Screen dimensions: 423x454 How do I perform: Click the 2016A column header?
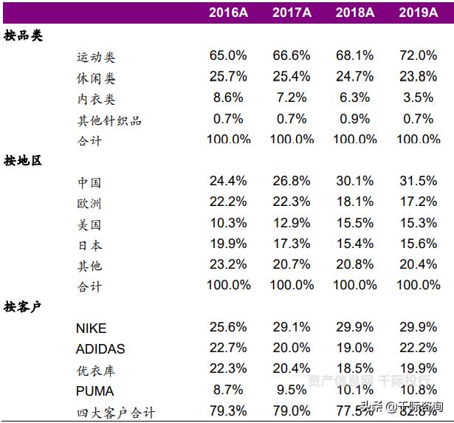coord(228,13)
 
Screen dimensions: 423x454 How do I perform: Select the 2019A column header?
coord(418,13)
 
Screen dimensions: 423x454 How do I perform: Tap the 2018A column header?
coord(354,13)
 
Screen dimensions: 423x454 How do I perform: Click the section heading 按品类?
coord(23,35)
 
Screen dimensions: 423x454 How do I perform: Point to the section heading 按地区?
coord(23,160)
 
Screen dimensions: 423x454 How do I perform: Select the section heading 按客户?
coord(23,306)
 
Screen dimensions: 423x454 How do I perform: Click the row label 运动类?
coord(96,57)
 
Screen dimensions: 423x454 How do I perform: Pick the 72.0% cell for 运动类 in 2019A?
coord(418,56)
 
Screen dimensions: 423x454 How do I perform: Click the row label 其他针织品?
coord(109,120)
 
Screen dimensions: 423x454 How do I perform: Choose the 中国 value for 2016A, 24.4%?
coord(228,182)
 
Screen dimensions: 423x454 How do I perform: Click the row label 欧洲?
coord(89,203)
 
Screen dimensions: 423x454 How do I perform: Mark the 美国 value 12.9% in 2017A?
coord(291,223)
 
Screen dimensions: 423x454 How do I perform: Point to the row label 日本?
coord(89,245)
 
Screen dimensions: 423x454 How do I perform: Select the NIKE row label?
coord(91,329)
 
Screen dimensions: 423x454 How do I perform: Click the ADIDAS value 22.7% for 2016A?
coord(228,348)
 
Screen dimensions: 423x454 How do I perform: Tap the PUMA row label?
coord(94,391)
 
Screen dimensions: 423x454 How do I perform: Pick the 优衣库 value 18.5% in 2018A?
coord(354,369)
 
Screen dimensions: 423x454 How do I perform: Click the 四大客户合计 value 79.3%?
coord(228,410)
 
